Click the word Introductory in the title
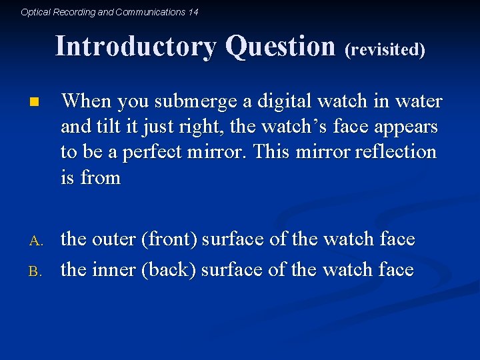(137, 47)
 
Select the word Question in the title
(280, 47)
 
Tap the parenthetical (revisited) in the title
(385, 49)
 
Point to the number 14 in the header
(193, 12)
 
